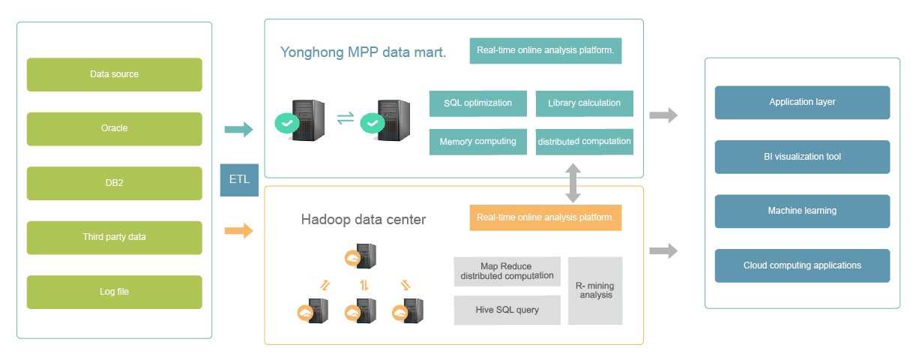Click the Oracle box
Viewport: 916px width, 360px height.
pyautogui.click(x=114, y=129)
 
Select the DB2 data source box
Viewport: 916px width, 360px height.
pyautogui.click(x=114, y=183)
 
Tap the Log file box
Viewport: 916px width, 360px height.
pyautogui.click(x=114, y=292)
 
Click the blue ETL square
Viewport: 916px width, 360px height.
pyautogui.click(x=239, y=180)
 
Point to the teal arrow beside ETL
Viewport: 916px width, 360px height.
pyautogui.click(x=239, y=130)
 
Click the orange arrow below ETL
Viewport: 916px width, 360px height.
pyautogui.click(x=239, y=231)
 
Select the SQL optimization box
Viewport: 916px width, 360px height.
pyautogui.click(x=477, y=103)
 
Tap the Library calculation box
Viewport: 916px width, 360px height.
pyautogui.click(x=584, y=103)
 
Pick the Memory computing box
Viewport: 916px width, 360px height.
pyautogui.click(x=477, y=142)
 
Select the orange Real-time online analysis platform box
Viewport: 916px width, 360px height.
pyautogui.click(x=545, y=217)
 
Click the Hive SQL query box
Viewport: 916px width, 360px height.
pyautogui.click(x=507, y=310)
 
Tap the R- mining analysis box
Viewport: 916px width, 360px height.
pyautogui.click(x=594, y=291)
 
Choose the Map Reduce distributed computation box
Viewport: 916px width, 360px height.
pyautogui.click(x=507, y=271)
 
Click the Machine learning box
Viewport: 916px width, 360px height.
pyautogui.click(x=802, y=211)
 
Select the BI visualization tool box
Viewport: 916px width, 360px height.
pyautogui.click(x=802, y=157)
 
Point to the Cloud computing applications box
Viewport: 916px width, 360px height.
pyautogui.click(x=802, y=265)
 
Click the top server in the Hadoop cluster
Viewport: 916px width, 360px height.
pyautogui.click(x=363, y=256)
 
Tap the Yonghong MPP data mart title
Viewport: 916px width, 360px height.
pyautogui.click(x=363, y=52)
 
